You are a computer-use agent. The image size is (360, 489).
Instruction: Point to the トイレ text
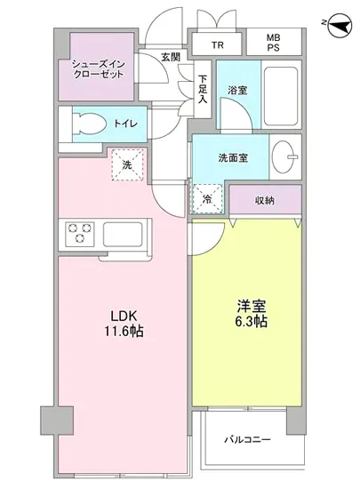(x=124, y=124)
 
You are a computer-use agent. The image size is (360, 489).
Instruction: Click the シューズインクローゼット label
(x=97, y=68)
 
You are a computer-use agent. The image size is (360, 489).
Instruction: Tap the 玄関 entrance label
(x=170, y=57)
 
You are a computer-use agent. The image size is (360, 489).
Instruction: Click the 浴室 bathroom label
(x=236, y=90)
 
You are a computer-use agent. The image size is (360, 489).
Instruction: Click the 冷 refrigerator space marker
(x=206, y=199)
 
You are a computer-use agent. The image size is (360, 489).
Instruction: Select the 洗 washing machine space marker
(x=127, y=165)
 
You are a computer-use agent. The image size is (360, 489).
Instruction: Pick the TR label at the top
(x=218, y=45)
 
